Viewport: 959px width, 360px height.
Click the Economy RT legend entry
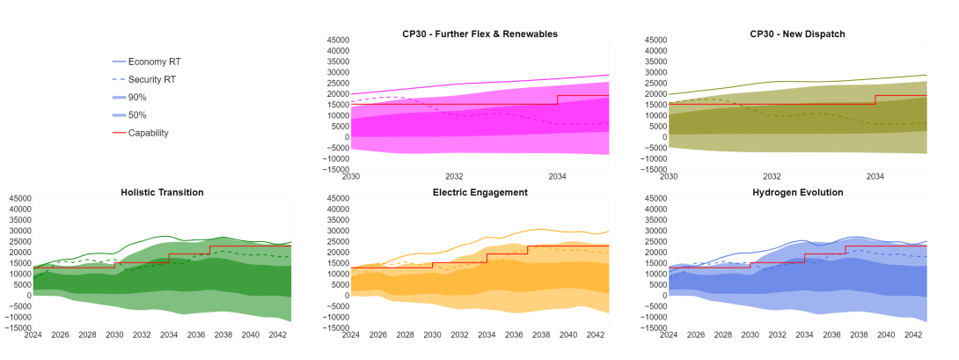154,62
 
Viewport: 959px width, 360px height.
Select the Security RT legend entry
152,79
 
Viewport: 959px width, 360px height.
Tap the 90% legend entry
137,97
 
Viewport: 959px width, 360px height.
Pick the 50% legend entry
137,115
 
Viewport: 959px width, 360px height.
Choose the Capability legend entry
148,133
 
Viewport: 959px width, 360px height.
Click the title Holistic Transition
162,192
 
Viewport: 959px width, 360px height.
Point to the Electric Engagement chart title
479,192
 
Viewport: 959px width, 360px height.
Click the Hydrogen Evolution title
797,192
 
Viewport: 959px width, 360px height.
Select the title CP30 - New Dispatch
797,33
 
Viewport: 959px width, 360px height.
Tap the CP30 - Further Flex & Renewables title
479,33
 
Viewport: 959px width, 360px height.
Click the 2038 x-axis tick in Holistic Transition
223,335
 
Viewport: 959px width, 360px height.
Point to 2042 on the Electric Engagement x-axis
596,335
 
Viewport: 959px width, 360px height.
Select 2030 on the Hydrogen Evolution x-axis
750,335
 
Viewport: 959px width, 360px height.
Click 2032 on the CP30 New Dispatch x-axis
772,177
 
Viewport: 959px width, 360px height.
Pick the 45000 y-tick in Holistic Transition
18,199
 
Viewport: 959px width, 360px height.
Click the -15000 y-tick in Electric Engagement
334,327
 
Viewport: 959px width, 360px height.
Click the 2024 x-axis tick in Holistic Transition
33,335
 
